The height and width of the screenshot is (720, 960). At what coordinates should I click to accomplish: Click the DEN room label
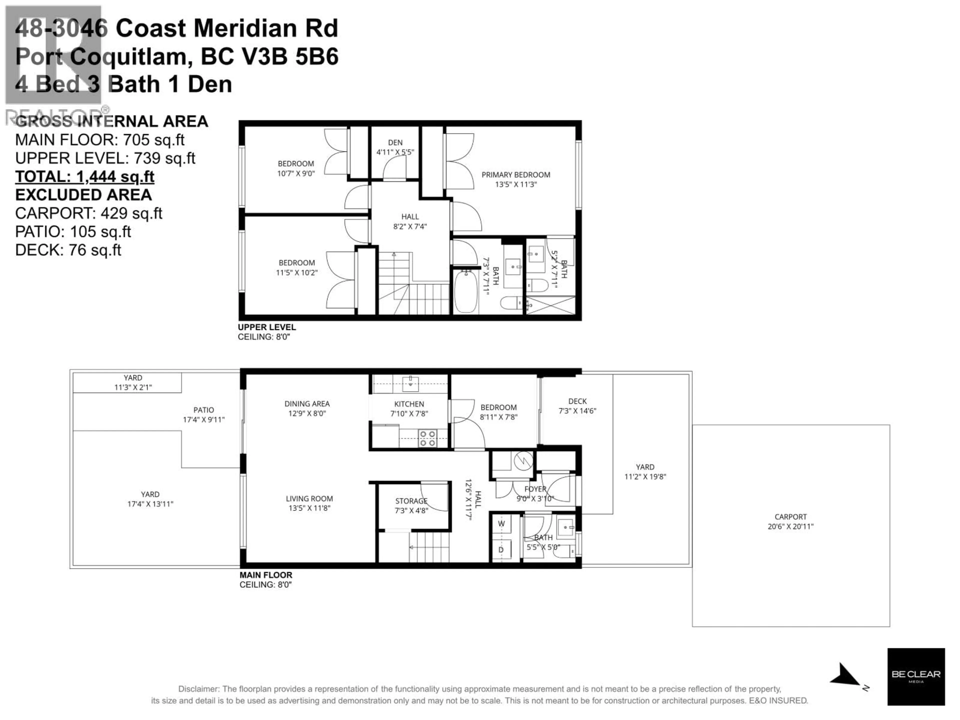click(395, 142)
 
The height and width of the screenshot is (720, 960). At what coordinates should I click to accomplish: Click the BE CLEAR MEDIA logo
click(916, 676)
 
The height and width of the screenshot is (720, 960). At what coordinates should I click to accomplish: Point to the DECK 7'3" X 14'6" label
click(577, 406)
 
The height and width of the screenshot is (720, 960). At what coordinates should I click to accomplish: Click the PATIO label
click(203, 410)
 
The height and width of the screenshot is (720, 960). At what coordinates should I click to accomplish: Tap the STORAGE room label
click(411, 501)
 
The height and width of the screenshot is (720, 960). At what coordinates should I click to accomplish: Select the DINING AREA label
click(307, 403)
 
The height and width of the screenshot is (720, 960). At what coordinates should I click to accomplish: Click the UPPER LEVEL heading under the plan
click(266, 327)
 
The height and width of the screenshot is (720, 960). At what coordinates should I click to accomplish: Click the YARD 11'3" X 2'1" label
click(133, 382)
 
